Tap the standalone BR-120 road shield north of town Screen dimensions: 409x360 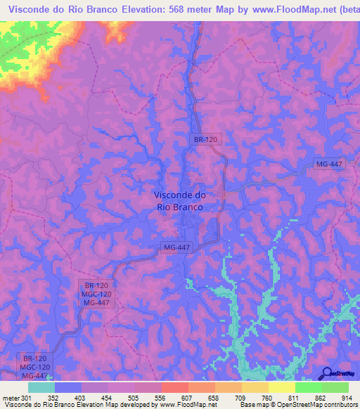click(205, 140)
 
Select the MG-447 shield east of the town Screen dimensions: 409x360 click(328, 164)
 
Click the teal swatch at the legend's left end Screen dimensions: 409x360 click(41, 387)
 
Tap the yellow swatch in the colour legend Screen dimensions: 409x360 click(282, 387)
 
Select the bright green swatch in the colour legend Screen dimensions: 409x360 click(309, 387)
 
